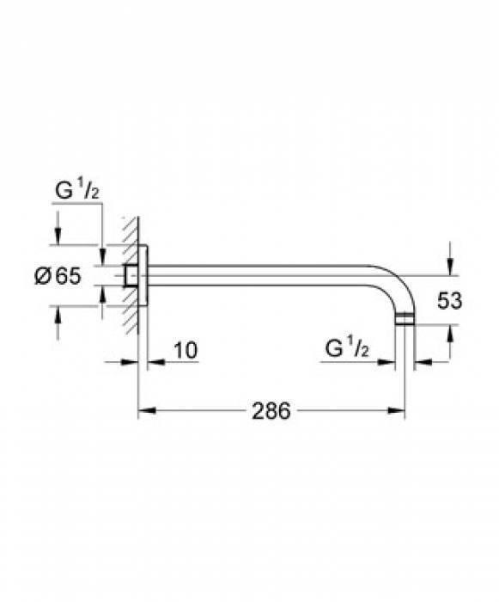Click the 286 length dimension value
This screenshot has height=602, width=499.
271,411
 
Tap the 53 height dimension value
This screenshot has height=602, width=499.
450,301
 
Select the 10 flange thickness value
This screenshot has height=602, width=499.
186,350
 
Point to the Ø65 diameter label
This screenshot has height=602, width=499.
58,276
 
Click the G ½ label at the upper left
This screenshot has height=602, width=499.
77,190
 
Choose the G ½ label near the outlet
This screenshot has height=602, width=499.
347,347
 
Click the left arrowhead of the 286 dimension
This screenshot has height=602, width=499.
147,410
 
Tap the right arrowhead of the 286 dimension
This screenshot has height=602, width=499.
396,410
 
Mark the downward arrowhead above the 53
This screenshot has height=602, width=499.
450,267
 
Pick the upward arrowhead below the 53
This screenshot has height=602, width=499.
450,334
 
